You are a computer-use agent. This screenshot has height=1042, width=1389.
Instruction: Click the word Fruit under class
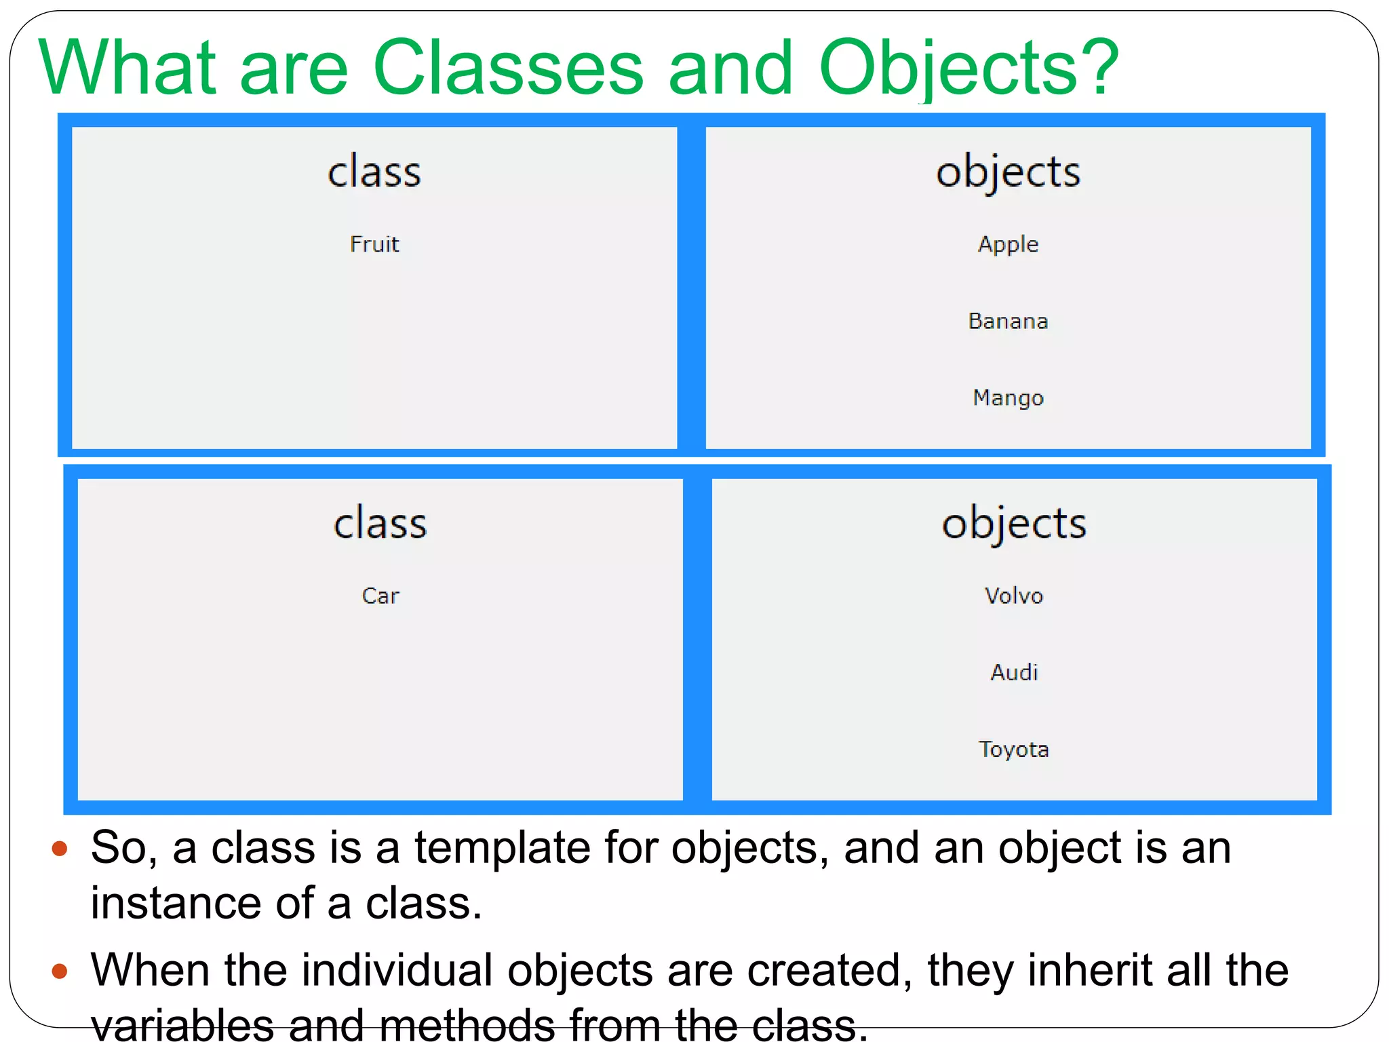coord(374,244)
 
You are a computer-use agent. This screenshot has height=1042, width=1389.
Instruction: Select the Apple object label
coord(1008,244)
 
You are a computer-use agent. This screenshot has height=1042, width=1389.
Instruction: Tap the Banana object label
coord(1008,321)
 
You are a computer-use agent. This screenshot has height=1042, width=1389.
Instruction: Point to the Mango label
coord(1008,398)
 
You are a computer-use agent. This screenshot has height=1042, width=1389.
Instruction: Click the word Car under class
coord(380,596)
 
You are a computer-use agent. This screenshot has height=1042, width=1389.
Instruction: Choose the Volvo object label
coord(1014,596)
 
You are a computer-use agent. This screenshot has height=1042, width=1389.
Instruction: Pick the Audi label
coord(1014,672)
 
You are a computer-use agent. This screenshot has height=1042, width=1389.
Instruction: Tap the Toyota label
coord(1014,749)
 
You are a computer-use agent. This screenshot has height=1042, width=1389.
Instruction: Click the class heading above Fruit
coord(374,172)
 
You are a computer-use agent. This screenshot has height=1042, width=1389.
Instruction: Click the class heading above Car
coord(380,524)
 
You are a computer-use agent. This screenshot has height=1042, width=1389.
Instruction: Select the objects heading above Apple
coord(1008,172)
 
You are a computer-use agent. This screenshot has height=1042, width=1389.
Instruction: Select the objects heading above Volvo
coord(1014,524)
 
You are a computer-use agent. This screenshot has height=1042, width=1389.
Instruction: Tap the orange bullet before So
coord(60,848)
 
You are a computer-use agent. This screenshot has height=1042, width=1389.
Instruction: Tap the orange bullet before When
coord(60,971)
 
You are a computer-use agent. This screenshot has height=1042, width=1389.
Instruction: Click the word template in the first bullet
coord(503,848)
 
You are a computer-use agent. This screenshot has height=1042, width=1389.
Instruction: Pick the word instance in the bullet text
coord(176,904)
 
